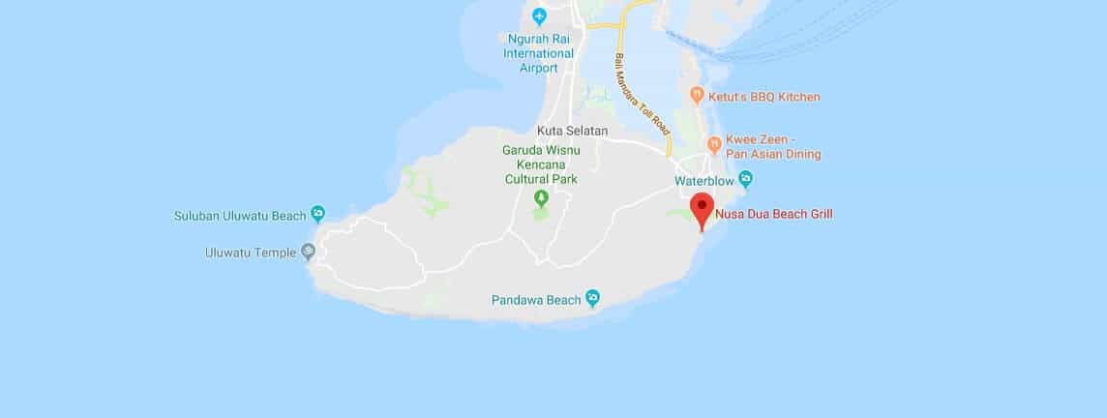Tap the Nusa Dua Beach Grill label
coord(773,214)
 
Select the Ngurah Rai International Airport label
coord(539,53)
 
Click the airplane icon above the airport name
coord(539,16)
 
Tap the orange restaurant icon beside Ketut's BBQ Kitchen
coord(697,96)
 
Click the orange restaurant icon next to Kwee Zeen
coord(714,145)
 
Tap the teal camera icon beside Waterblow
coord(745,179)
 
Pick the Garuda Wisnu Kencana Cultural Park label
coord(541,164)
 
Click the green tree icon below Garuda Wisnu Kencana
coord(541,197)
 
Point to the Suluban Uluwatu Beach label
coord(240,215)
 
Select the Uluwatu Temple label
coord(251,253)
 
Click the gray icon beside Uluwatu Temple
coord(308,252)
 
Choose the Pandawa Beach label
coord(537,297)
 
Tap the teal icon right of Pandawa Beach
coord(592,296)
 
